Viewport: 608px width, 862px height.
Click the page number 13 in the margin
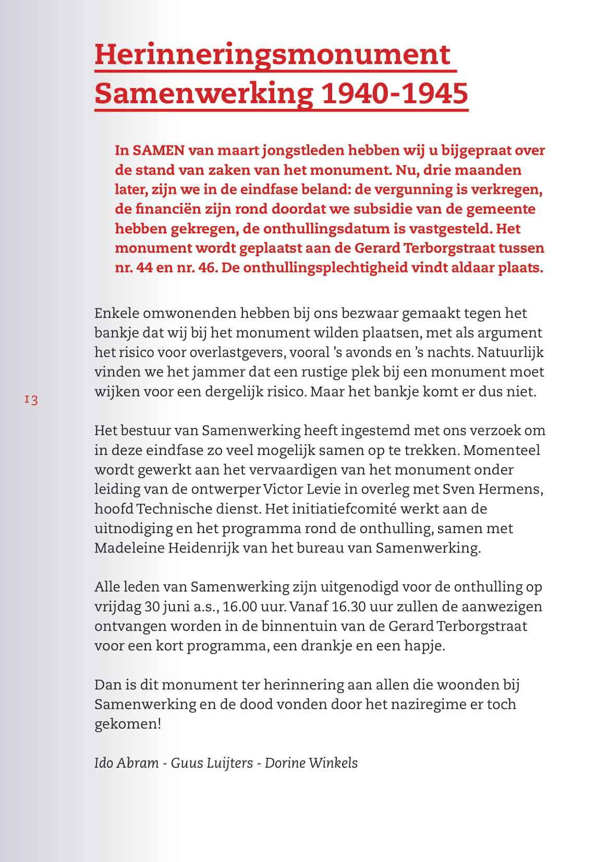pos(31,400)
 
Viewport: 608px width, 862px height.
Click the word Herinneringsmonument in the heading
pos(272,55)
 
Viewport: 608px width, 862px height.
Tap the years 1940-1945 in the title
pos(394,94)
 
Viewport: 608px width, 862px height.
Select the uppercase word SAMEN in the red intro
pos(159,151)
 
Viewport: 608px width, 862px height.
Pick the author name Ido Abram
pos(126,763)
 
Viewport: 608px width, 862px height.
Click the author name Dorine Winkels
pos(311,763)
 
